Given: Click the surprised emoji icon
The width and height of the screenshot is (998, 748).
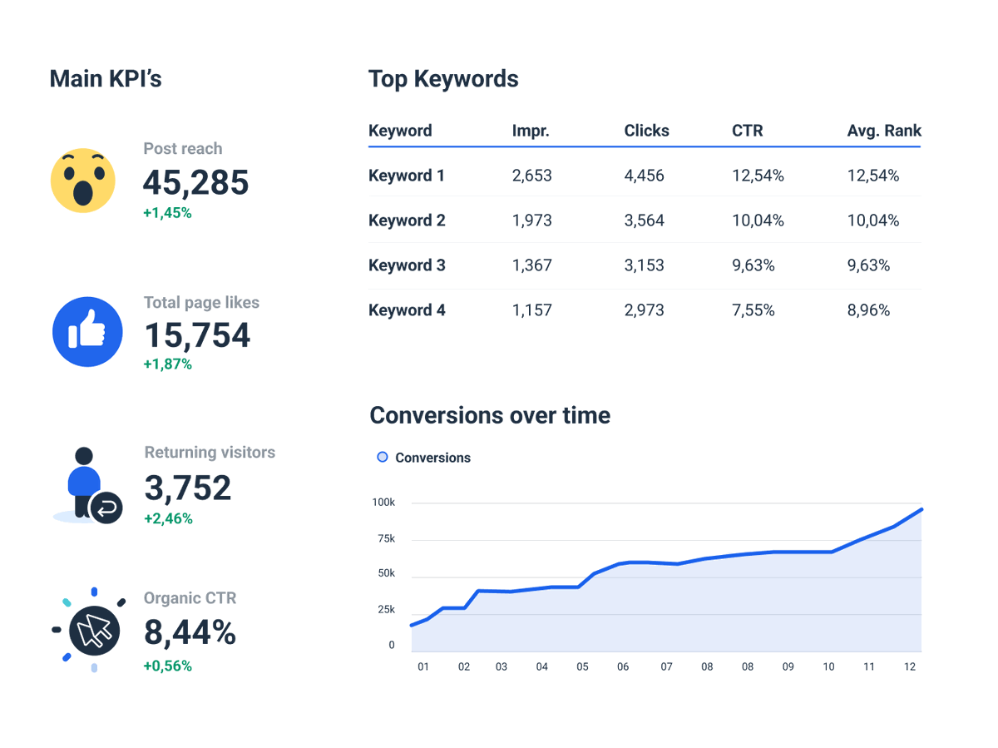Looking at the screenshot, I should tap(82, 181).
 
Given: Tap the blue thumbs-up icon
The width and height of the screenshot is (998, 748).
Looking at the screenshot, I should tap(87, 332).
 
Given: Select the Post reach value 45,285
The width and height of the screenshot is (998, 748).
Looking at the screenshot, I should tap(195, 182).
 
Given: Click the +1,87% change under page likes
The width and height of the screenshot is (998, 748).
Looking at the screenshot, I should tap(167, 364).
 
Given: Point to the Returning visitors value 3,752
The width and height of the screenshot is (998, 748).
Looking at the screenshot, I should tap(188, 488).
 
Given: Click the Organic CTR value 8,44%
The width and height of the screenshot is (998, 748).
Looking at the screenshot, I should tap(190, 633).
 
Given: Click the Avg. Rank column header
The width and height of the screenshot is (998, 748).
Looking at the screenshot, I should tap(884, 131).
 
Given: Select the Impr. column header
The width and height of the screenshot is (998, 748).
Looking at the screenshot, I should tap(531, 131).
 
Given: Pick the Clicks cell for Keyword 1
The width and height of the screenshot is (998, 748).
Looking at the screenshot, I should tap(645, 176).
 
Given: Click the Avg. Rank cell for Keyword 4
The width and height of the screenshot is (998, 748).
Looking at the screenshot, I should tap(868, 310).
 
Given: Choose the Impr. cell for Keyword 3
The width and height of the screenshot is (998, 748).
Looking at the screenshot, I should tap(531, 265).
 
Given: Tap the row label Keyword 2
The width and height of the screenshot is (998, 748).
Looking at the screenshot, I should tap(407, 220).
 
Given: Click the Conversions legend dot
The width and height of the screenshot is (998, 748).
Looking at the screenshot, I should tap(383, 457).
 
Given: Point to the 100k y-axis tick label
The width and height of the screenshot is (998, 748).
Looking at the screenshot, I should tap(383, 503).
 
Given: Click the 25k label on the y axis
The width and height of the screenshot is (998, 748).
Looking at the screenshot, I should tap(386, 610).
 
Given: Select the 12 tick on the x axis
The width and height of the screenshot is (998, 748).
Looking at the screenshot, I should tap(909, 666).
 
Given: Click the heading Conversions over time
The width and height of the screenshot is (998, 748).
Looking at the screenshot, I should tap(490, 415).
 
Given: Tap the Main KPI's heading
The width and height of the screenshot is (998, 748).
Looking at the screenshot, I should tap(106, 79).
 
